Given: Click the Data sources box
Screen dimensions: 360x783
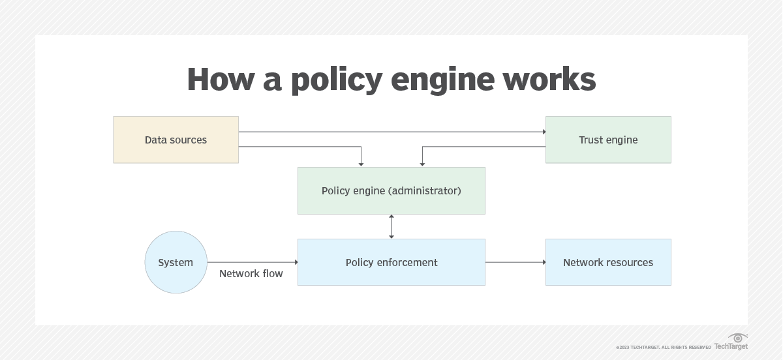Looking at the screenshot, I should (176, 140).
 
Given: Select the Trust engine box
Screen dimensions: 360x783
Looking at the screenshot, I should (608, 140).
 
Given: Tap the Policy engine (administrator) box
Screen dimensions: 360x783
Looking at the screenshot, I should (391, 191).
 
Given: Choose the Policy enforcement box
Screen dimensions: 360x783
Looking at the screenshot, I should (391, 262).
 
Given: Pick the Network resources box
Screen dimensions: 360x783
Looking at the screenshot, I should (608, 262).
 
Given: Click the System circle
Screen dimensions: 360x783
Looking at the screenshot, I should (176, 262).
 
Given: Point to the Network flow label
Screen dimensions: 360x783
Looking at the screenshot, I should (251, 274).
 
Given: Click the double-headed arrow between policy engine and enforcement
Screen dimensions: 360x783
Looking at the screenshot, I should (391, 226).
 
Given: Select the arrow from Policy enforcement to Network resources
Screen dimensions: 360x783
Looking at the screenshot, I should (515, 262).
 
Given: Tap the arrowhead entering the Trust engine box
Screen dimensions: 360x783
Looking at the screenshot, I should (544, 132).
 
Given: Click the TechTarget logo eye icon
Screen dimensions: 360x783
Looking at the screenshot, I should (738, 338).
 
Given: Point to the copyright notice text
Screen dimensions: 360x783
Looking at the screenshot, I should (663, 348).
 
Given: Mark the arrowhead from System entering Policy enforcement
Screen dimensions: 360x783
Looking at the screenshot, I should (296, 262).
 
